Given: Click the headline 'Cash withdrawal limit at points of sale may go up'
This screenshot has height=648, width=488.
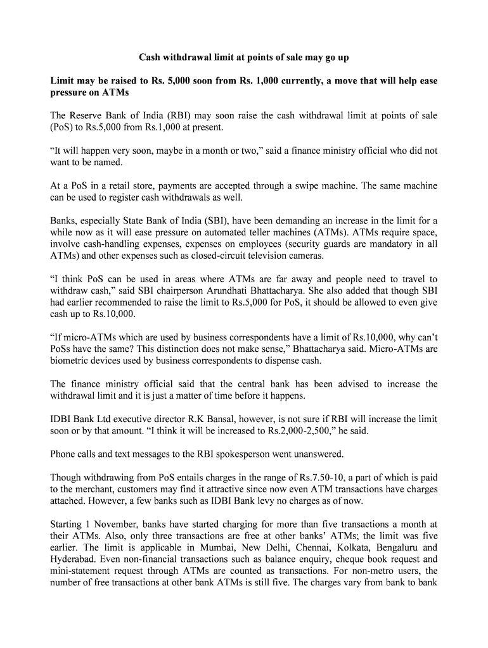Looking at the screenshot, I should [x=244, y=58].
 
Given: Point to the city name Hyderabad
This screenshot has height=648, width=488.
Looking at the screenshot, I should [x=73, y=559].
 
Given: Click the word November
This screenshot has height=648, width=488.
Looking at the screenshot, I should [x=113, y=525].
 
